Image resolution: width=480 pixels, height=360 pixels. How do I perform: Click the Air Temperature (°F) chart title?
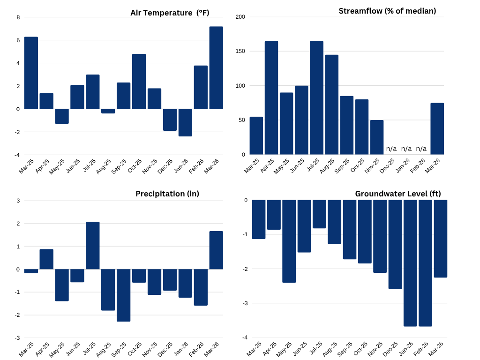pos(170,13)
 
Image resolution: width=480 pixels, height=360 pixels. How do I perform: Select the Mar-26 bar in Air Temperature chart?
pos(216,67)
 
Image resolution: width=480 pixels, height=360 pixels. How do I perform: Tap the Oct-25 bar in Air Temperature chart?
pos(139,81)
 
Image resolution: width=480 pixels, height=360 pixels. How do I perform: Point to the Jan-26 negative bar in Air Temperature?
pos(185,122)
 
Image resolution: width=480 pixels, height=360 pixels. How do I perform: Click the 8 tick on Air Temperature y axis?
pos(18,17)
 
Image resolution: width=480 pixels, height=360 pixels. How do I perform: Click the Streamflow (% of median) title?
pos(387,11)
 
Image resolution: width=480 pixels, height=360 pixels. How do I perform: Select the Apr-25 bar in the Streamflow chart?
pos(271,97)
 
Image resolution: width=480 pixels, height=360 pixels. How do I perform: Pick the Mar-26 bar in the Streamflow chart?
pos(437,128)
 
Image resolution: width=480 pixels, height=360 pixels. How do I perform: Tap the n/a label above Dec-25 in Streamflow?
pos(391,149)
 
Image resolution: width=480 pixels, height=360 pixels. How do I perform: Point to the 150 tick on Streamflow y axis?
pos(240,51)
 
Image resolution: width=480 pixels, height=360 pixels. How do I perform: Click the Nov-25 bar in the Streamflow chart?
pos(377,137)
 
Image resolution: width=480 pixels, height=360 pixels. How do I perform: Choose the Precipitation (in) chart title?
pos(167,194)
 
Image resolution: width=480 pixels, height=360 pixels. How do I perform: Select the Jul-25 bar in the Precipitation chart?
pos(93,245)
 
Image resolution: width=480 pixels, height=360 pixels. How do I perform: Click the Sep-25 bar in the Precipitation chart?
pos(123,295)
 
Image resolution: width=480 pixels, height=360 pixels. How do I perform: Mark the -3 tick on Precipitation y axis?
pos(17,337)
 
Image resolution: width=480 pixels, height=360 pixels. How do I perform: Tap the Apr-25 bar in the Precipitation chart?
pos(46,259)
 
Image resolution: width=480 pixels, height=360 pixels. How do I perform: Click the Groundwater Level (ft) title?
pos(397,194)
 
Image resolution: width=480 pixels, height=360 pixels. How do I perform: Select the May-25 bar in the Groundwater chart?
pos(289,241)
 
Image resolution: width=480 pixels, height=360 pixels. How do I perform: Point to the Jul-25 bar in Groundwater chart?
pos(319,214)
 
